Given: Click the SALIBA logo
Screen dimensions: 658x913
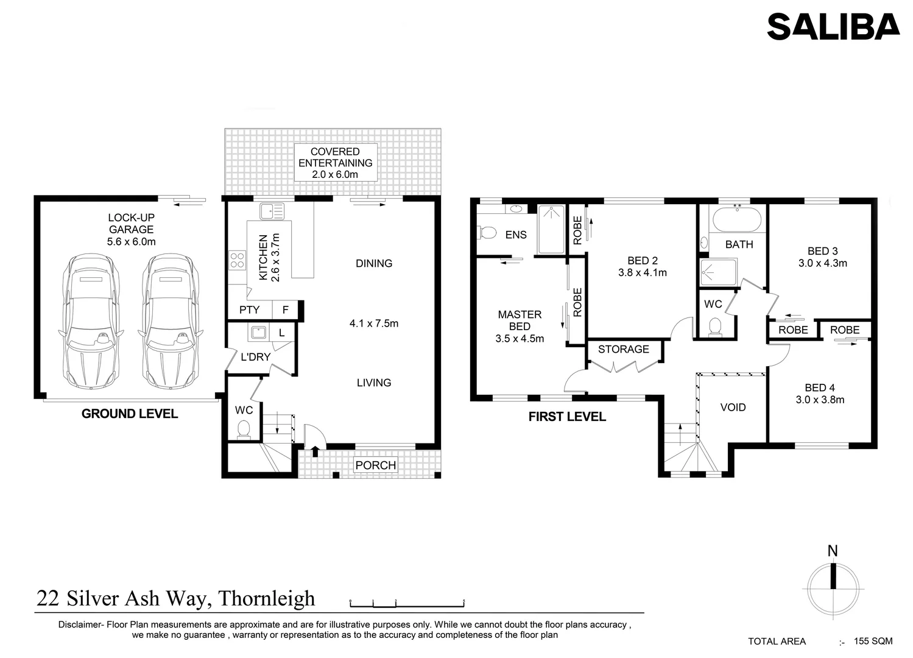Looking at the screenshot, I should point(833,27).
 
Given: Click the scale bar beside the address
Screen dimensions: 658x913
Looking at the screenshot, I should point(407,604).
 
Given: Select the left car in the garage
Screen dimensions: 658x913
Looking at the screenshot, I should point(91,321).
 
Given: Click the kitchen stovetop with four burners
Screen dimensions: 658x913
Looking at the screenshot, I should point(237,260).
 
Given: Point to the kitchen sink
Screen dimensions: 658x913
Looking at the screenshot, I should point(272,211).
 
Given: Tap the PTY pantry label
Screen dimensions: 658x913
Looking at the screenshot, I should point(249,310).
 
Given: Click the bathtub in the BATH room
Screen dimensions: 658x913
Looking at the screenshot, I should point(737,219).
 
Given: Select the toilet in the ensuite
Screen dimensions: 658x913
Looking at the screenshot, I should point(487,232).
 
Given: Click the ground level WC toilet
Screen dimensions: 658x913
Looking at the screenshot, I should point(244,428).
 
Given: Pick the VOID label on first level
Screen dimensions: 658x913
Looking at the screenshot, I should point(733,408).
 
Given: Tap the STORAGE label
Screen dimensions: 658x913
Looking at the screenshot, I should point(623,349).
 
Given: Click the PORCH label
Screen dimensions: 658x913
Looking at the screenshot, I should point(375,465).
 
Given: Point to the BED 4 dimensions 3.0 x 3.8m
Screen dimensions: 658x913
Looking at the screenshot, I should point(820,400).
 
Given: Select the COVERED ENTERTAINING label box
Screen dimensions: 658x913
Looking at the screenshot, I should point(335,163).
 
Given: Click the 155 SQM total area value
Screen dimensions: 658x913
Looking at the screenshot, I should point(873,641).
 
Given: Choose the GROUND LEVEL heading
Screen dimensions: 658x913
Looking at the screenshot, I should point(130,414).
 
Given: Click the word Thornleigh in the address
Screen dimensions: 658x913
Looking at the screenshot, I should point(266,598).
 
